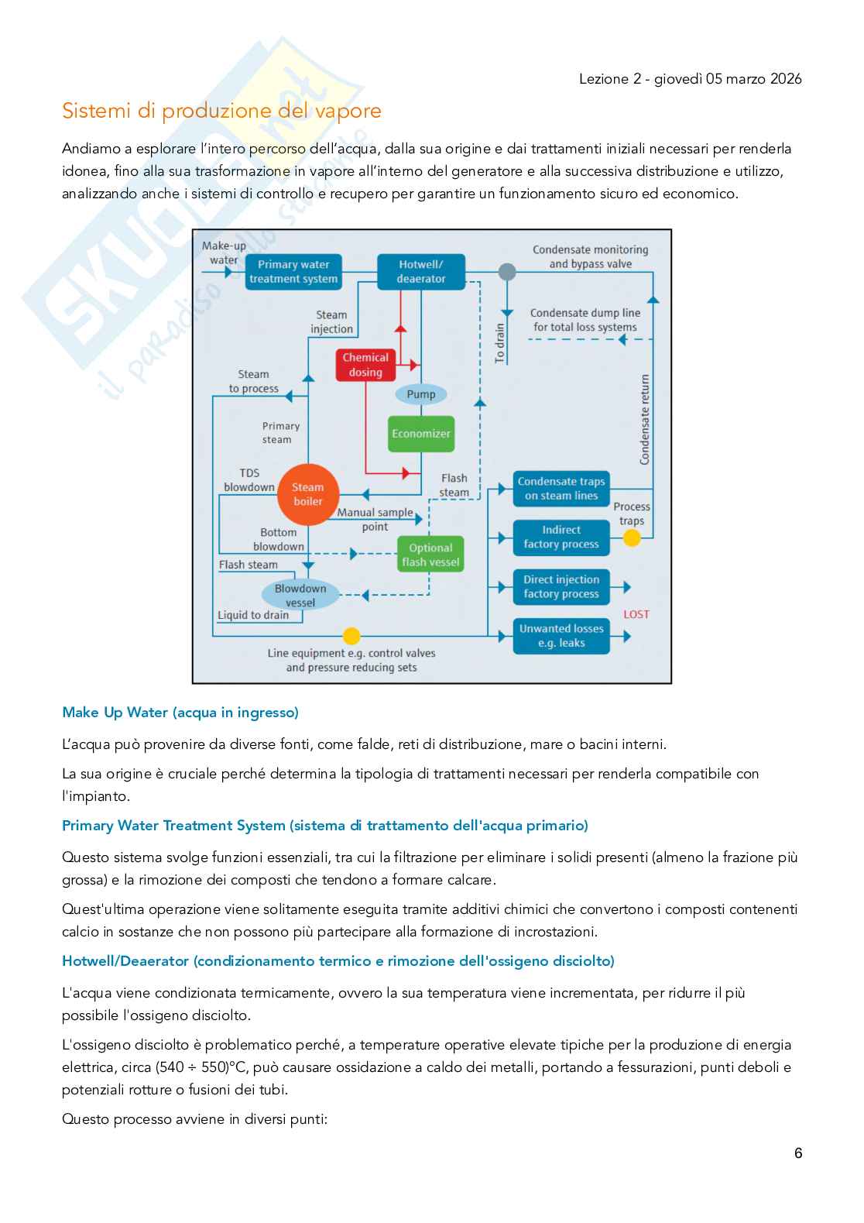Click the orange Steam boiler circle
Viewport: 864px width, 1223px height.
tap(308, 495)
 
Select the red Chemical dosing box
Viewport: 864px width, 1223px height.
tap(365, 365)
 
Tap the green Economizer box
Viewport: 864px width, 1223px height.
tap(421, 434)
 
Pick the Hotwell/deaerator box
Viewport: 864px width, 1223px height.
tap(421, 271)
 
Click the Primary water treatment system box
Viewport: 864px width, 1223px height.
tap(293, 271)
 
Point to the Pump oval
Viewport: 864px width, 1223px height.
tap(421, 394)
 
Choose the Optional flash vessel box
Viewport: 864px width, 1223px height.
tap(430, 554)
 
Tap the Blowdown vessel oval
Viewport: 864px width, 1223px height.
tap(300, 595)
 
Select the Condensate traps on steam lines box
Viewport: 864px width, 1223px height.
tap(561, 489)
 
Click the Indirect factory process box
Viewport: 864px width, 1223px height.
tap(561, 538)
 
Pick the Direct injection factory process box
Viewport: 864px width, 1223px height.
tap(561, 587)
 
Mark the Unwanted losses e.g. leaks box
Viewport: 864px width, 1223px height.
tap(561, 636)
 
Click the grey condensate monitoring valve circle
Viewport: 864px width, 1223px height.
tap(507, 271)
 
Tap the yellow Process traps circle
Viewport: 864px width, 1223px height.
tap(632, 538)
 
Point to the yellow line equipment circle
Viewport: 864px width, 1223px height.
tap(351, 636)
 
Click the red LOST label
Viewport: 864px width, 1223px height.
tap(636, 614)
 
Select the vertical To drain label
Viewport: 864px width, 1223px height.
tap(499, 343)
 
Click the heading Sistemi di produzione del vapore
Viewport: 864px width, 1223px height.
tap(221, 111)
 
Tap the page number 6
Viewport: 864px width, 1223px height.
tap(798, 1153)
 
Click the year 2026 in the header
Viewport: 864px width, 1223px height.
tap(786, 79)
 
